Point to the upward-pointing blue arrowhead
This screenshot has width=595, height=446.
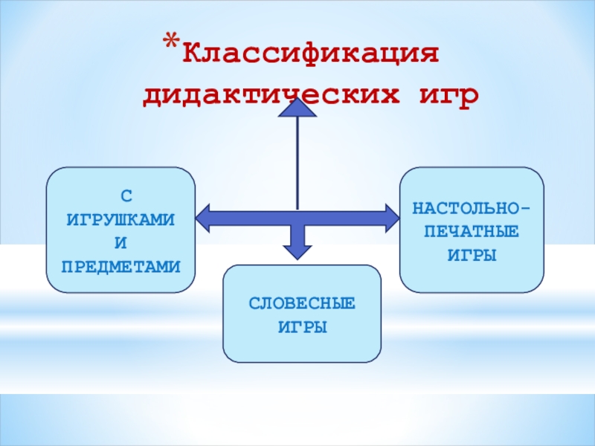[297, 107]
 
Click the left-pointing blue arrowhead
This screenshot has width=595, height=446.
[204, 217]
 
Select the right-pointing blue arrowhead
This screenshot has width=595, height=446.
[391, 217]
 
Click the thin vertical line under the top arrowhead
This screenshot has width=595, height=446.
[297, 160]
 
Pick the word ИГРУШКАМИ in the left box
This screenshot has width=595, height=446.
[121, 219]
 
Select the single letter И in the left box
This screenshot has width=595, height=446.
[121, 242]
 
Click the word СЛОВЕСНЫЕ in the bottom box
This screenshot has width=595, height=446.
[302, 304]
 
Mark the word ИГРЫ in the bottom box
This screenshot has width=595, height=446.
[302, 327]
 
